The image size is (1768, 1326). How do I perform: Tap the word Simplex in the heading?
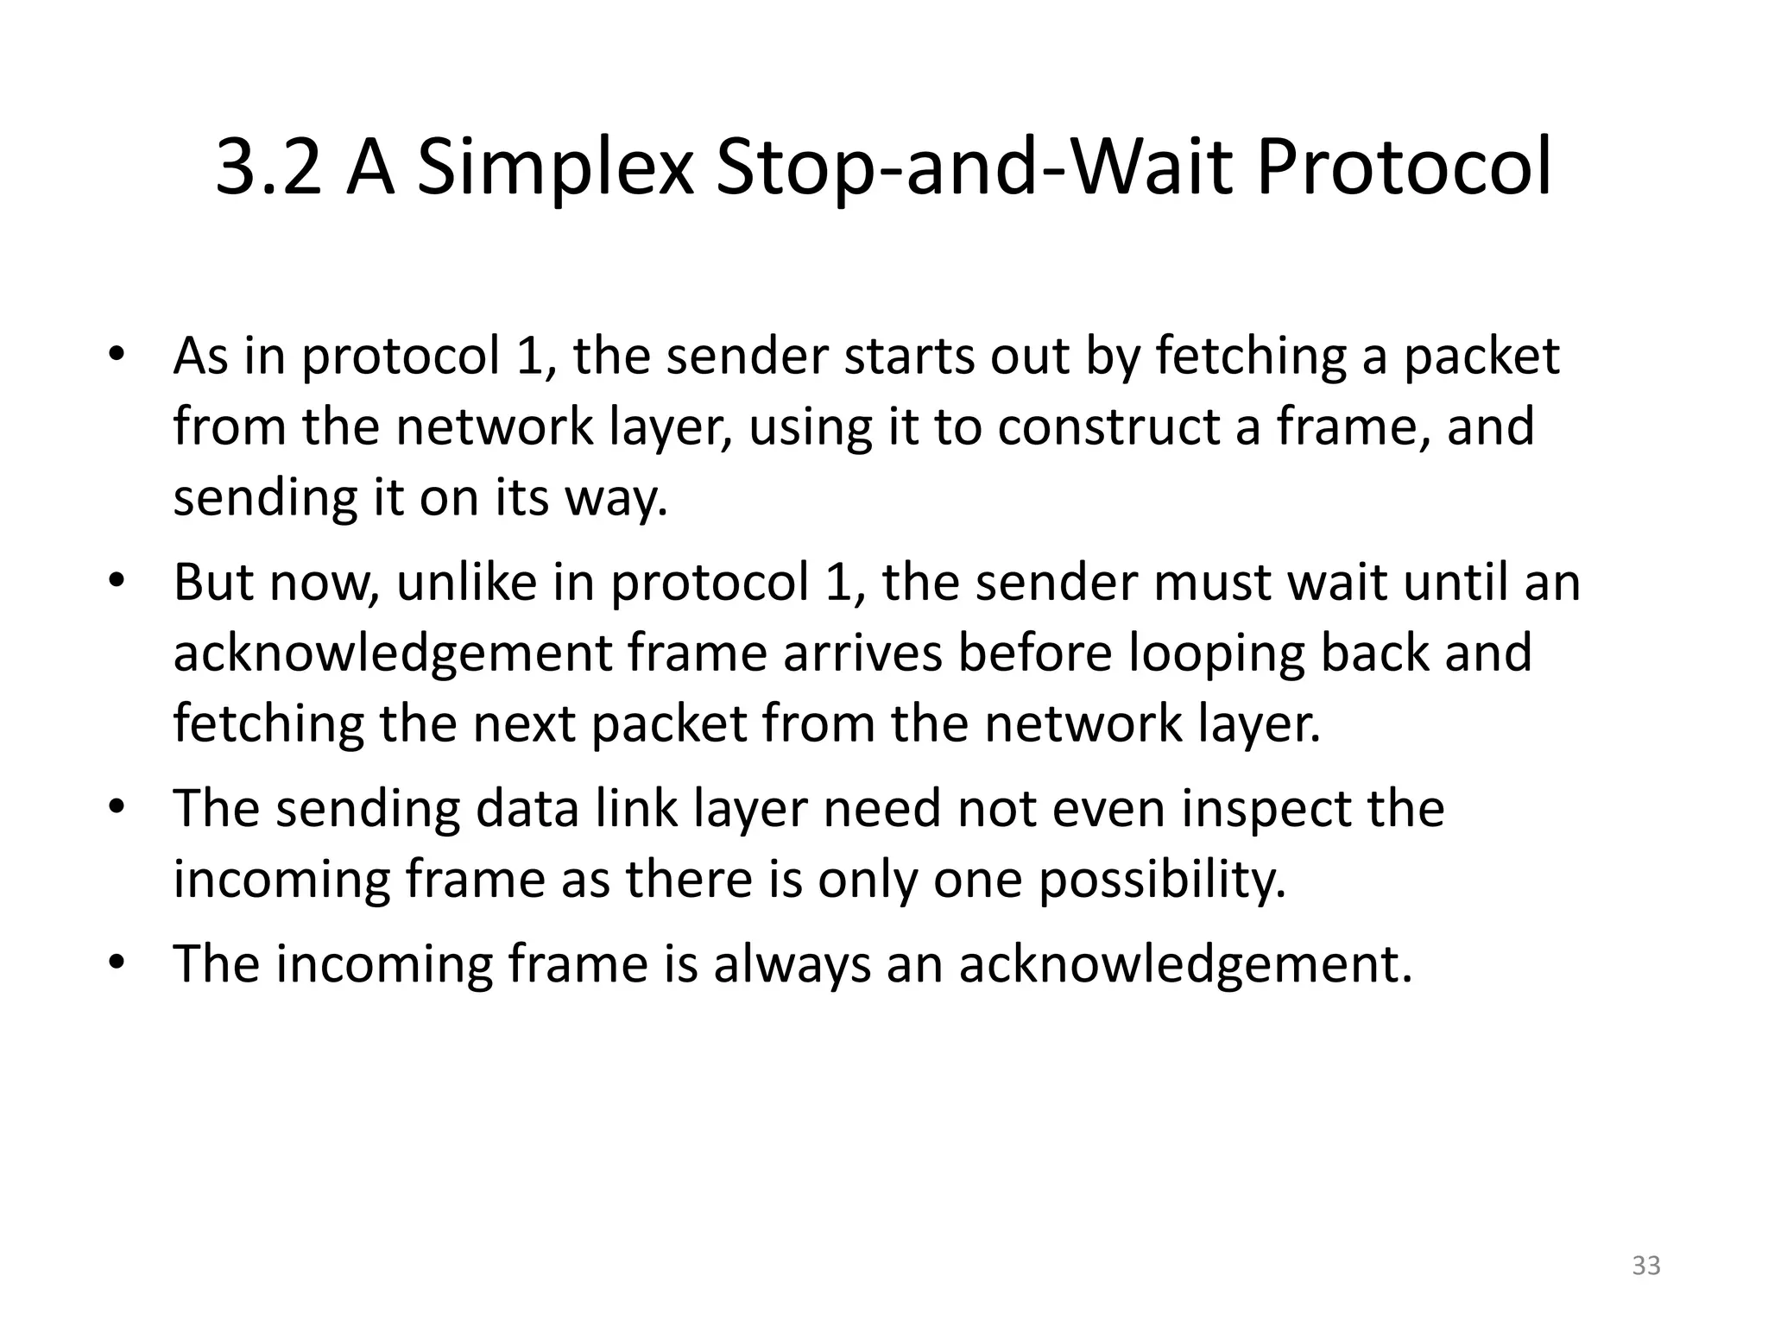pyautogui.click(x=555, y=169)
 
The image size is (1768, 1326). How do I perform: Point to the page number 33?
pyautogui.click(x=1646, y=1266)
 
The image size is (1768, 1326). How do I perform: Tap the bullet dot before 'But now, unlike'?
pyautogui.click(x=117, y=582)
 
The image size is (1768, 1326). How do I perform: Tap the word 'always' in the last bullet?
pyautogui.click(x=792, y=965)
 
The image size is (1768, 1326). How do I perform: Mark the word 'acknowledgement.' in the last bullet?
pyautogui.click(x=1185, y=965)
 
